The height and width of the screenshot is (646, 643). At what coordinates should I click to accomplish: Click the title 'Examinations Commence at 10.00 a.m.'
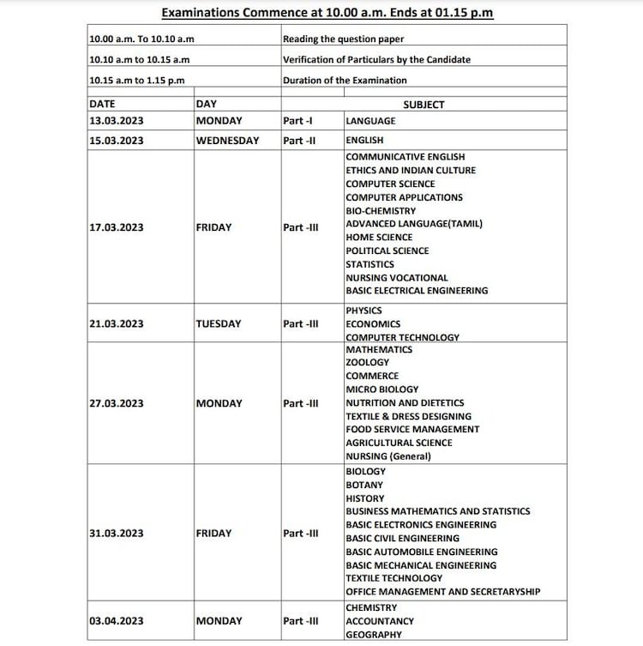click(x=328, y=13)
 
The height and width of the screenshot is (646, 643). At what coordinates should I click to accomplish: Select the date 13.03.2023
click(x=117, y=121)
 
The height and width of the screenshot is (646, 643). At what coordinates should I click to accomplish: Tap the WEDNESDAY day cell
click(x=227, y=141)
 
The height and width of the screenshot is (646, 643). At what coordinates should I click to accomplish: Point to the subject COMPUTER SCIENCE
click(x=390, y=184)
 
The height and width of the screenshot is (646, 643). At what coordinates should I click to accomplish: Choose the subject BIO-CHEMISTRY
click(x=381, y=211)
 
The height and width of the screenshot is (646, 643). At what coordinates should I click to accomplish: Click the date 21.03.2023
click(x=117, y=324)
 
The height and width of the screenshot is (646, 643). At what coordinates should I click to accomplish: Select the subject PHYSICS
click(x=364, y=311)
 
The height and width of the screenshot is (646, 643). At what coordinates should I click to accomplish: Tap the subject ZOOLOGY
click(x=368, y=363)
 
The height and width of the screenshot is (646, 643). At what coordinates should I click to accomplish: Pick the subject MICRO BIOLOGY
click(x=382, y=389)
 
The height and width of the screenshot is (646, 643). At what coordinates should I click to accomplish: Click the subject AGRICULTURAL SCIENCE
click(x=399, y=443)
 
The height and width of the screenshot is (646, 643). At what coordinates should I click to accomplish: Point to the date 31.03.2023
click(x=117, y=534)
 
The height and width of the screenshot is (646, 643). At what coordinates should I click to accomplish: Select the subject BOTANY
click(x=365, y=485)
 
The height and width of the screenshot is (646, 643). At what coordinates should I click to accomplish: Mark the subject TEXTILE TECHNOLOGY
click(x=394, y=578)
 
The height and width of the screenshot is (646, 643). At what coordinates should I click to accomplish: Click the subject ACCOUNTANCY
click(x=380, y=621)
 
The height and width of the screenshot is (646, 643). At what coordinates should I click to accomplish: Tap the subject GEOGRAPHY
click(x=375, y=635)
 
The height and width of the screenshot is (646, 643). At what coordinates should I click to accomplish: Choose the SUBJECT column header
click(x=424, y=105)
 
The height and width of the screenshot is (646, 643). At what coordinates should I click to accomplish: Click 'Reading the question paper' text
click(x=343, y=39)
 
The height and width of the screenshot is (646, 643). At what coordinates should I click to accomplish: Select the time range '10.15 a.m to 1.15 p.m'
click(x=136, y=81)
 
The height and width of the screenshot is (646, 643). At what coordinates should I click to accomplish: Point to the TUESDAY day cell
click(x=219, y=324)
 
